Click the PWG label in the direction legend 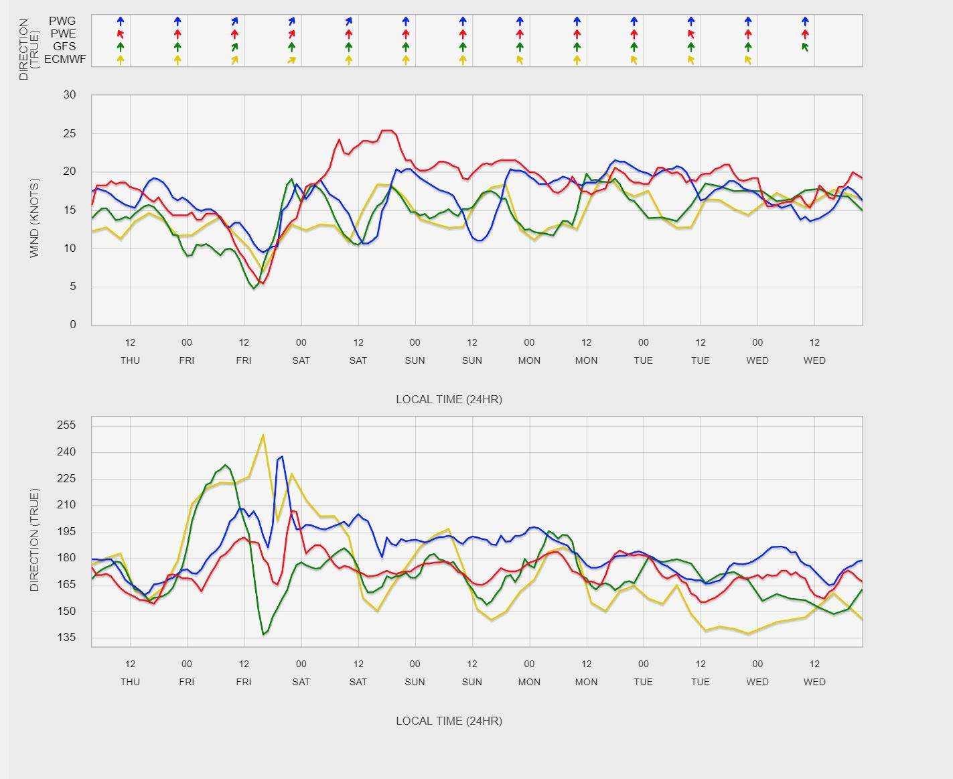(x=62, y=21)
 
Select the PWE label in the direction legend (x=62, y=33)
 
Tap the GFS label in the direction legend (x=64, y=46)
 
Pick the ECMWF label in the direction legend (x=65, y=60)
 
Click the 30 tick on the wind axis (x=70, y=95)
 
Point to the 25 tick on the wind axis (x=70, y=134)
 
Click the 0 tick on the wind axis (x=73, y=325)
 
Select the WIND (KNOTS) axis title (x=35, y=218)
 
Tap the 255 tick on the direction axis (x=66, y=425)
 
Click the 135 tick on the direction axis (x=66, y=638)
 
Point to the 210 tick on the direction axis (x=66, y=505)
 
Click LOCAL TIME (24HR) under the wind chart (x=449, y=399)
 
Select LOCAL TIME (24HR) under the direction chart (x=449, y=721)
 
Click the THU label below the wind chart (x=130, y=360)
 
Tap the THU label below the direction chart (x=130, y=682)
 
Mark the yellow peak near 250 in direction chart (x=263, y=435)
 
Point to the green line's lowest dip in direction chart (x=264, y=634)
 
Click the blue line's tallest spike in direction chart (x=281, y=457)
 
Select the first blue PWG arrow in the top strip (x=121, y=21)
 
